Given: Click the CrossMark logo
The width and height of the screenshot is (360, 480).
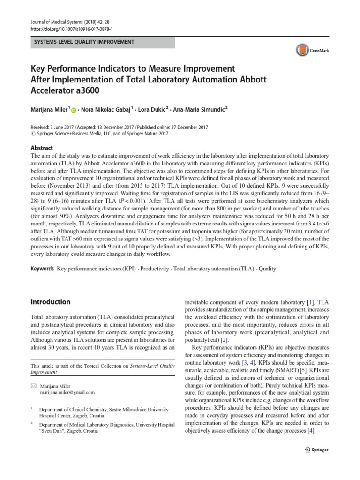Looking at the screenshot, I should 313,50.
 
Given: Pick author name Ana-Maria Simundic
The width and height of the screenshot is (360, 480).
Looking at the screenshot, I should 199,109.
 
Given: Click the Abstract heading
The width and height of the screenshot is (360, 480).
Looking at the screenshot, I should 42,146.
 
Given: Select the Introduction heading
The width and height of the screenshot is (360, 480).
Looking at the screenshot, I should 50,302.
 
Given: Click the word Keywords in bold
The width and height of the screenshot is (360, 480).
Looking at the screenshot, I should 42,269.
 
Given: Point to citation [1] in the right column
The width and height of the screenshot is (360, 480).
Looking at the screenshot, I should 311,303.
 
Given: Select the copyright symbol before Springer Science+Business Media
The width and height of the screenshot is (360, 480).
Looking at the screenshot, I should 33,134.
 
